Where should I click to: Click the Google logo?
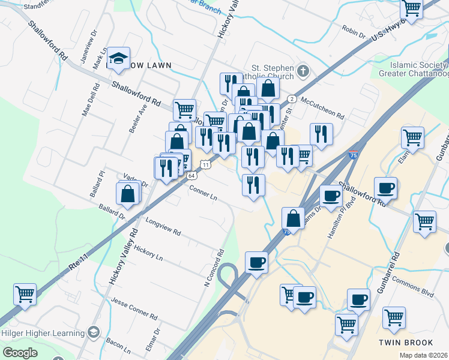coord(20,353)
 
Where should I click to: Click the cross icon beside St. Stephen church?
coord(304,72)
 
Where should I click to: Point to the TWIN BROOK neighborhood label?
coord(406,343)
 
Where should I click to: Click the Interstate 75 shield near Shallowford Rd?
coord(354,155)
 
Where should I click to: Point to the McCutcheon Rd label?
coord(323,108)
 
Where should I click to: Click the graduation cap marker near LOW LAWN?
coord(119,58)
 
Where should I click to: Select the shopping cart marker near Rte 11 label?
coord(25,294)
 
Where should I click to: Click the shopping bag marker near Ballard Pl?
coord(128,194)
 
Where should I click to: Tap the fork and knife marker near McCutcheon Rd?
coord(321,134)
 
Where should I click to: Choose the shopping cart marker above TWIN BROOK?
coord(394,317)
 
